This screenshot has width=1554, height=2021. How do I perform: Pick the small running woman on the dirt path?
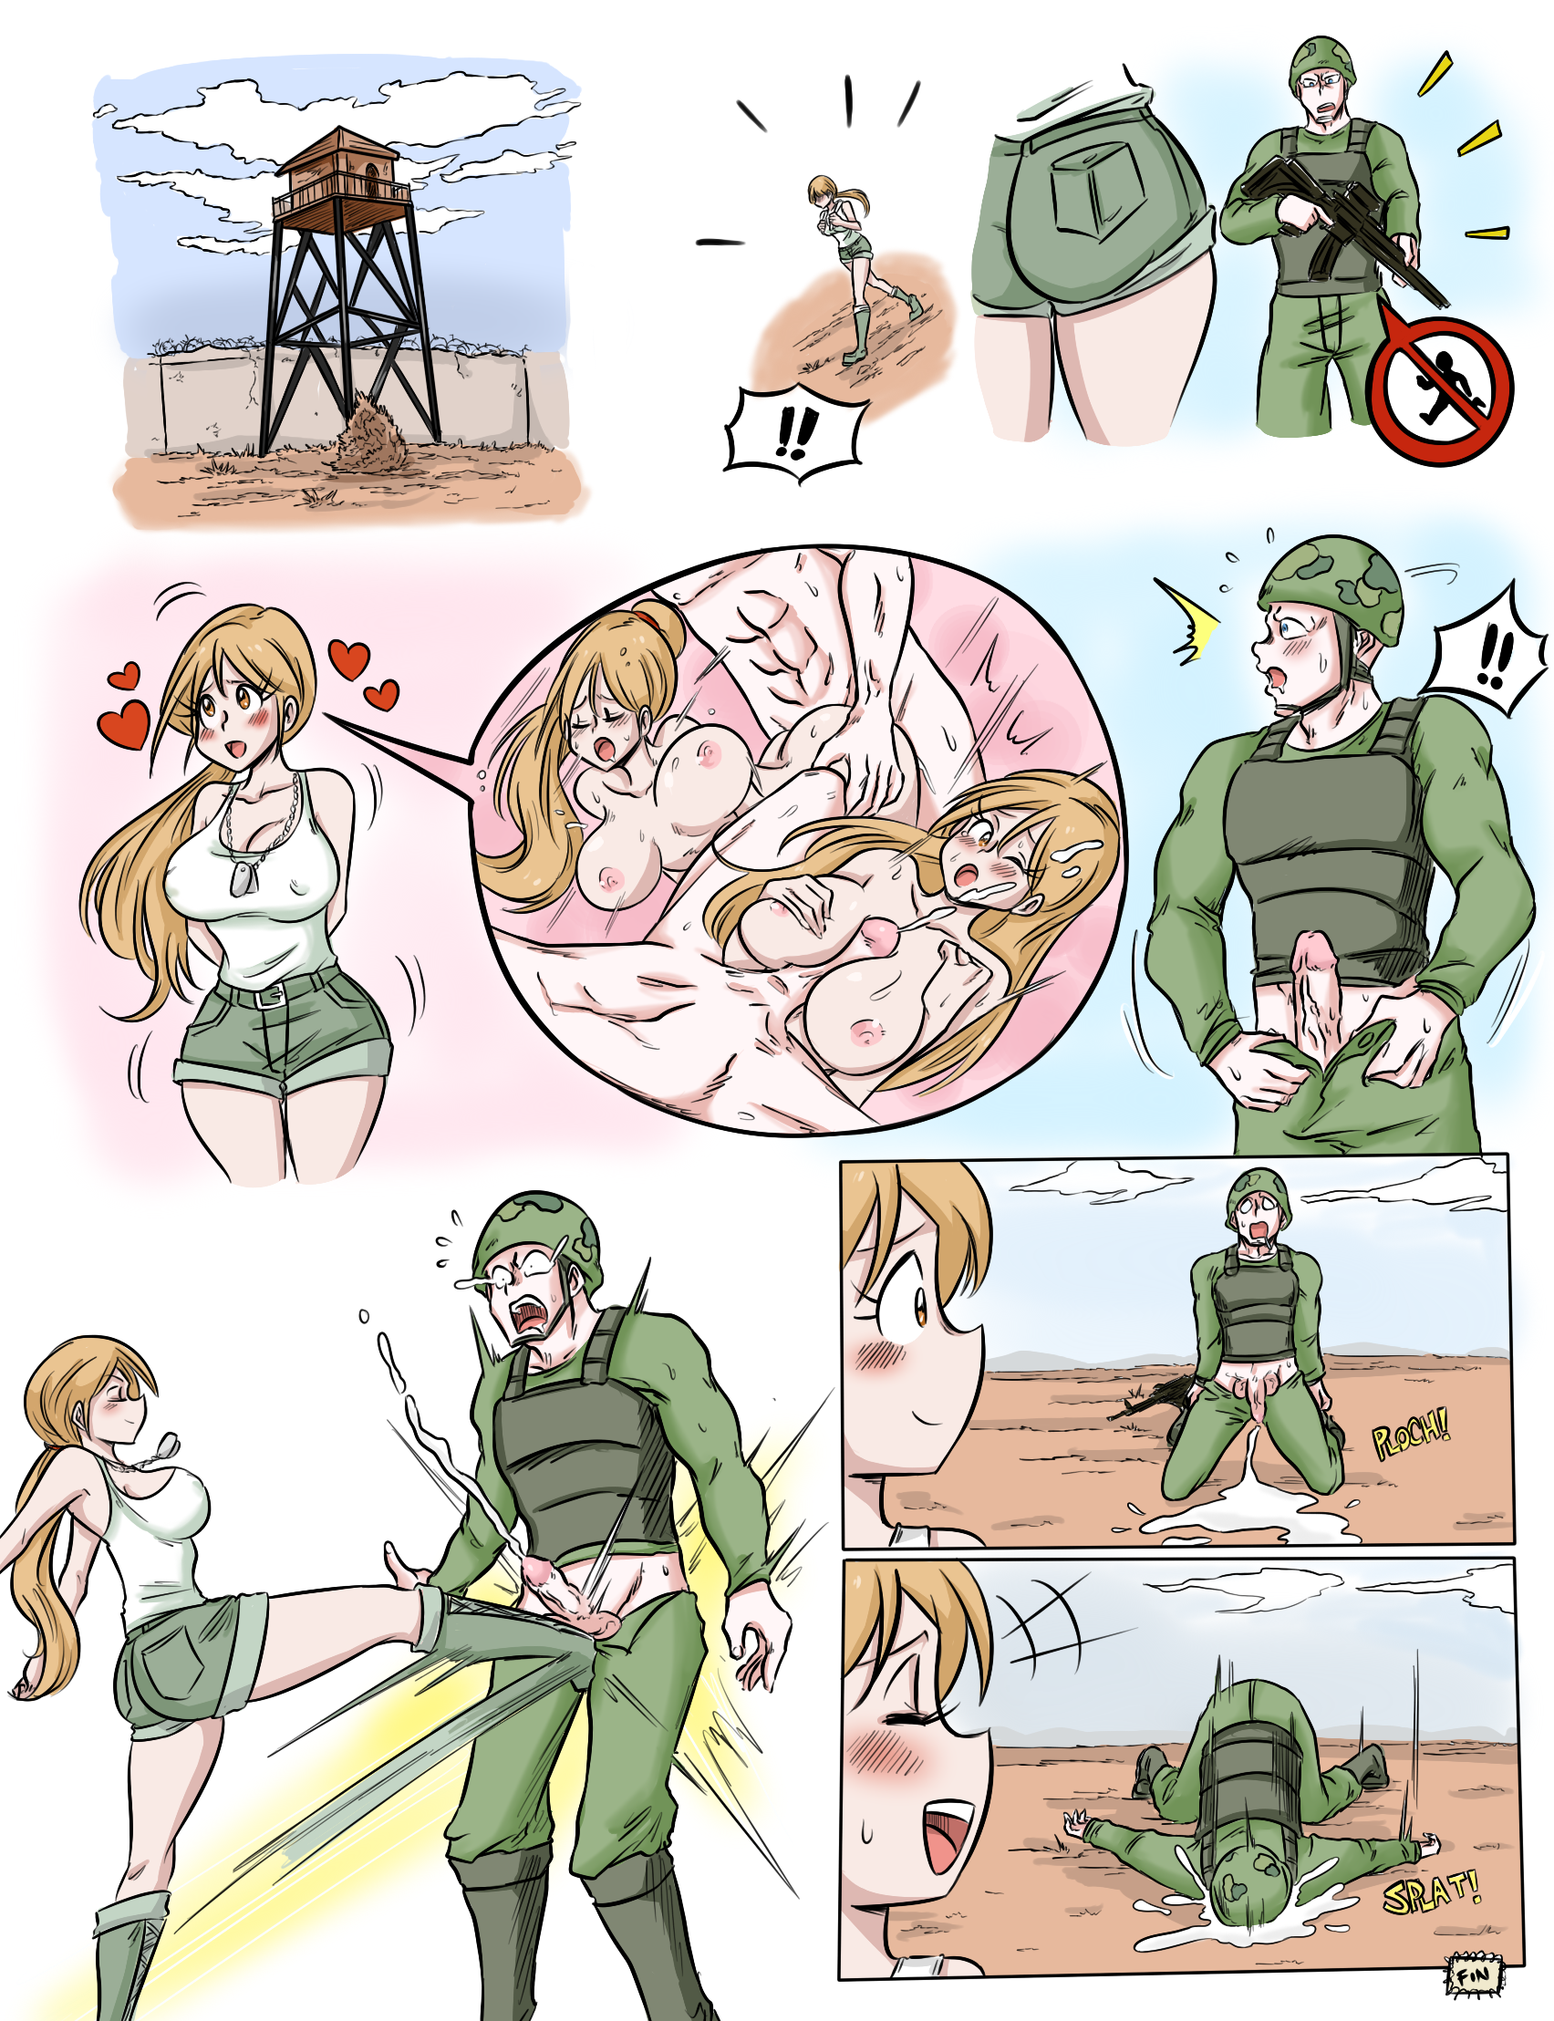[x=860, y=268]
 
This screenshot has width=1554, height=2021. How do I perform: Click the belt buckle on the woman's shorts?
[x=271, y=995]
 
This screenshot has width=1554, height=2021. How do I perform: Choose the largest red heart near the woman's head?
[x=124, y=723]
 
